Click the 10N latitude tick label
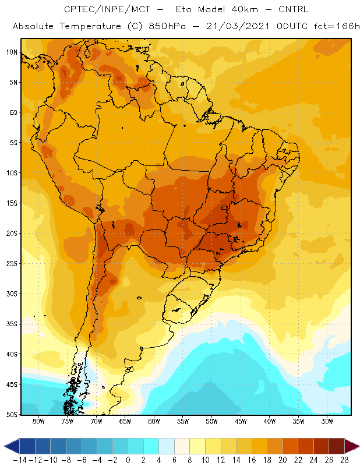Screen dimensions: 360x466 tap(12, 52)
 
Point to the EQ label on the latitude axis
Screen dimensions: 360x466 tap(13, 112)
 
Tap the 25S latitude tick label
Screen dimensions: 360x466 tap(12, 264)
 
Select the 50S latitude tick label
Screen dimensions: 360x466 tap(12, 415)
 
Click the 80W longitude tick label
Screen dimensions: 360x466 tap(38, 421)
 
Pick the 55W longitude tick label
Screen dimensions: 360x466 tap(183, 421)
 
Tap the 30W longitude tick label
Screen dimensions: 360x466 tap(327, 421)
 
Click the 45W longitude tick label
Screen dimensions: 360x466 tap(241, 421)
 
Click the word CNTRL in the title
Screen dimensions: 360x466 tap(294, 9)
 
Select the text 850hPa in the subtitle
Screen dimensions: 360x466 tap(167, 26)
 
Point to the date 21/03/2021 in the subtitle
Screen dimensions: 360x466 tap(238, 26)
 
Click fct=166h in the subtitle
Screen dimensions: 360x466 tap(337, 26)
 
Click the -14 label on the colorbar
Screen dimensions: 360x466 tap(20, 460)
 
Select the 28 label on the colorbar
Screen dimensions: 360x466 tap(344, 460)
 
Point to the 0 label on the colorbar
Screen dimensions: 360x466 tap(128, 460)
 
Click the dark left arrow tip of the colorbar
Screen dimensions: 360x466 tap(4, 446)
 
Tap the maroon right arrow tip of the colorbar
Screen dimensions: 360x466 tap(359, 446)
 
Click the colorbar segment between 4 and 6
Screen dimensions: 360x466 tap(167, 446)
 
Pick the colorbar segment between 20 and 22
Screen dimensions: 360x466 tap(290, 446)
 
